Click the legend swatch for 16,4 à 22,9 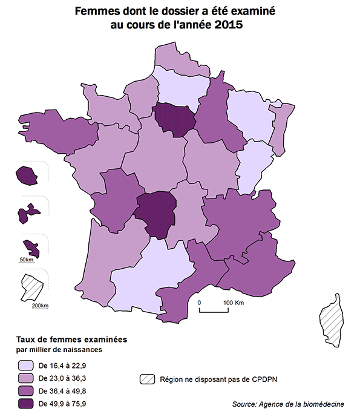pos(25,366)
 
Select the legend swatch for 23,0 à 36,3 pos(25,378)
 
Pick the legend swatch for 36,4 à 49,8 pos(25,390)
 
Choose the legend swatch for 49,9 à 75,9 pos(25,403)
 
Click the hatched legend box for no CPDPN pos(146,379)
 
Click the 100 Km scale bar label pos(234,302)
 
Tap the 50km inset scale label pos(26,260)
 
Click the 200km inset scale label pos(40,305)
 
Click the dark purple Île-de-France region pos(175,118)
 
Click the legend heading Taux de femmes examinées pos(64,339)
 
